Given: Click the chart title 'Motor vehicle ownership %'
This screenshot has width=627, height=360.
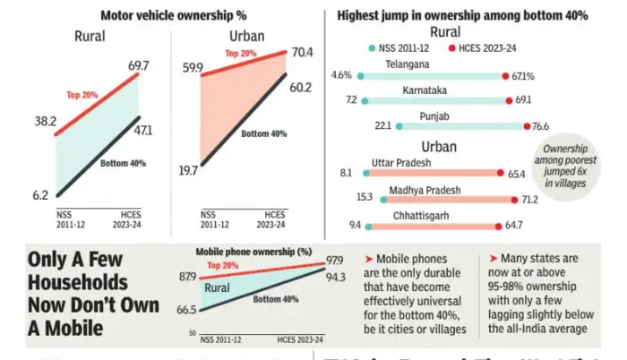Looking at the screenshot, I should click(x=175, y=16).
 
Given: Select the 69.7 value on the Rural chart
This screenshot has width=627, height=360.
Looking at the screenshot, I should click(x=139, y=66).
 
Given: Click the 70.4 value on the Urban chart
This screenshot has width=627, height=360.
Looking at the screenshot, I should click(x=300, y=52).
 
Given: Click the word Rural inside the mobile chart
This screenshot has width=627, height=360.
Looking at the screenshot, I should click(x=216, y=287).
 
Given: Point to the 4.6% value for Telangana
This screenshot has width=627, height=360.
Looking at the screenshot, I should click(x=340, y=76).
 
